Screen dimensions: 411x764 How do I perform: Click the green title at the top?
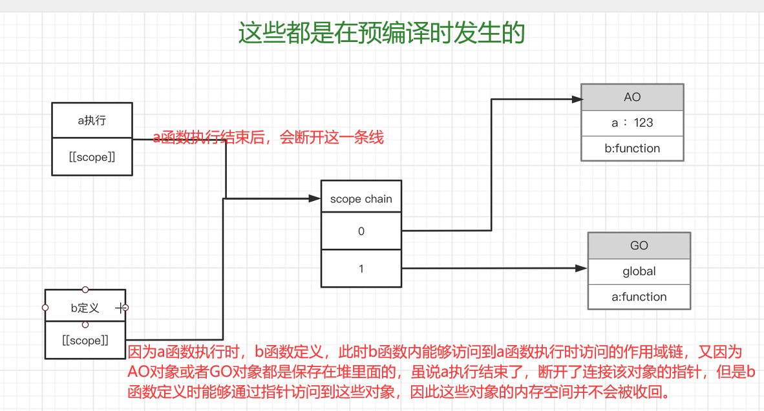pos(381,33)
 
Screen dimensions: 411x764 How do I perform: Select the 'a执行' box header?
pos(92,120)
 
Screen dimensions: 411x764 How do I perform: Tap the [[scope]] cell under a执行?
pos(92,156)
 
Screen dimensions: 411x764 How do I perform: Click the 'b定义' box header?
pos(85,308)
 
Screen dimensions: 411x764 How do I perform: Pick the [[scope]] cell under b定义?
pos(85,341)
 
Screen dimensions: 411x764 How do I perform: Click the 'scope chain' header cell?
pos(361,198)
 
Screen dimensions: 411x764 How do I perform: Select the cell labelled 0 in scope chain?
pos(361,231)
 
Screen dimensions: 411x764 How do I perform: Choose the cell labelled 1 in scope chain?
pos(361,268)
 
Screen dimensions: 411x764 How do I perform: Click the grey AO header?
pos(631,97)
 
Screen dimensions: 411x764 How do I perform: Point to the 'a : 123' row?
pos(631,123)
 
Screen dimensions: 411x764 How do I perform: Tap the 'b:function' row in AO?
pos(631,148)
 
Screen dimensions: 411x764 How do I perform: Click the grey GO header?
pos(639,246)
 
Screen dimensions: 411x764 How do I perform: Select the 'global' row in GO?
pos(639,271)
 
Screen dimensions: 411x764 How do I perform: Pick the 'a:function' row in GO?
pos(639,297)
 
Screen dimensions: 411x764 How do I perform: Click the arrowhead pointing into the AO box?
pos(577,100)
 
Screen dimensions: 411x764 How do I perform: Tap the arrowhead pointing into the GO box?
pos(583,268)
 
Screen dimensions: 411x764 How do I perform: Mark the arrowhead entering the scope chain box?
pos(317,198)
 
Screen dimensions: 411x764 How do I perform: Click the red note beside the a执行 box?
pos(268,137)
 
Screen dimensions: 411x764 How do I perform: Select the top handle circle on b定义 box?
pos(85,290)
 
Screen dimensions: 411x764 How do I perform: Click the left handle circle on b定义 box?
pos(45,308)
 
